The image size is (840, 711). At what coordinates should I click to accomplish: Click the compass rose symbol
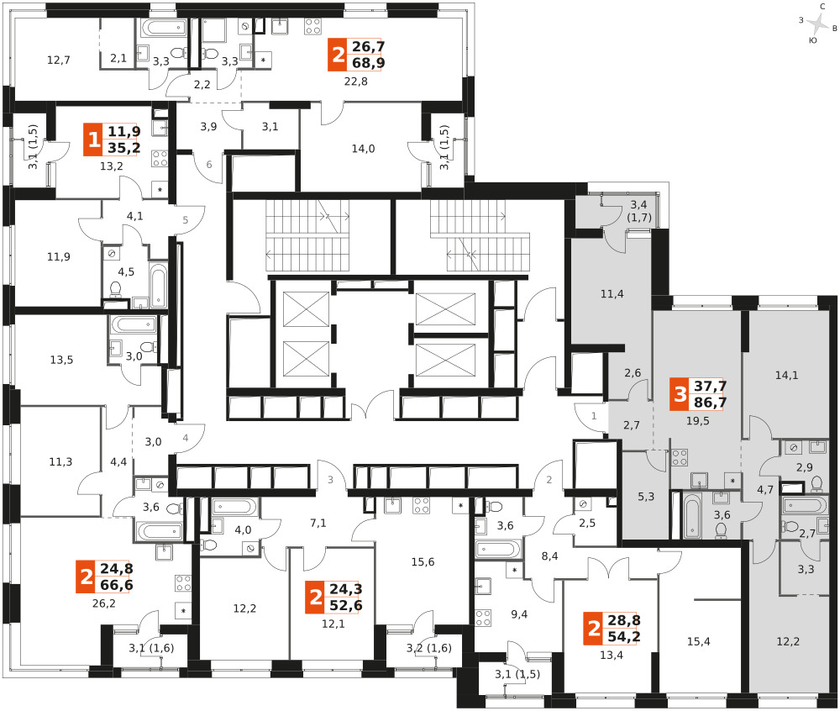(x=817, y=24)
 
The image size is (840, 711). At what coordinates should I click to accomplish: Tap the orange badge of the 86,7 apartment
(x=680, y=394)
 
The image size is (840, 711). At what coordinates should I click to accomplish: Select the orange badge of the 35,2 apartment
(x=93, y=140)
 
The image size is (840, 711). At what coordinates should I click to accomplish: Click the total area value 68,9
(x=369, y=63)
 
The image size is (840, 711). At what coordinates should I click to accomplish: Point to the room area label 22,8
(x=355, y=82)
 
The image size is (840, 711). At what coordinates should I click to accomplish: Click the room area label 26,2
(x=104, y=603)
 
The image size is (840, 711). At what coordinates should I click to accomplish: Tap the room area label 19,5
(x=697, y=421)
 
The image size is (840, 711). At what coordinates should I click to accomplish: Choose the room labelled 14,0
(x=363, y=149)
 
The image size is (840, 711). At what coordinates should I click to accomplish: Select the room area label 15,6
(x=423, y=562)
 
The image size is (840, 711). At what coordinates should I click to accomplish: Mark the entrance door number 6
(x=209, y=165)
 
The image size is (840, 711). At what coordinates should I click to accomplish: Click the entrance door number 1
(x=594, y=416)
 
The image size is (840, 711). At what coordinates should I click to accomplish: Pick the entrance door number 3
(x=330, y=480)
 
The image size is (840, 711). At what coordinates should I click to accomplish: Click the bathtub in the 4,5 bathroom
(x=159, y=286)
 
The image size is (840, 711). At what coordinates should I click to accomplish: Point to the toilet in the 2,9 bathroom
(x=817, y=484)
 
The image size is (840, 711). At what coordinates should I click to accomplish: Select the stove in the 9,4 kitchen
(x=483, y=617)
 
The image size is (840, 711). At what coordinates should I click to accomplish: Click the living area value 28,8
(x=624, y=620)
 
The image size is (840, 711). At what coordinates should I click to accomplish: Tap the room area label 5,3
(x=646, y=497)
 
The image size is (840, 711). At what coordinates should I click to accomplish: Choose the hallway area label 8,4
(x=549, y=556)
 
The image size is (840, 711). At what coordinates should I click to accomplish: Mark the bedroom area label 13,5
(x=61, y=360)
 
